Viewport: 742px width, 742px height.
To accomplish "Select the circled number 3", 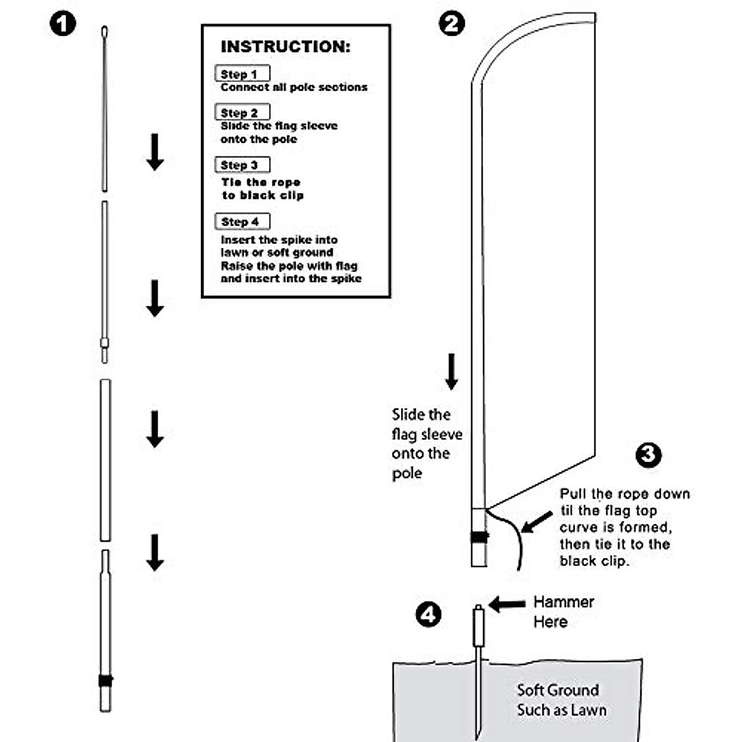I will [648, 455].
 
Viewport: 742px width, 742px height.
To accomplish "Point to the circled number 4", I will [429, 615].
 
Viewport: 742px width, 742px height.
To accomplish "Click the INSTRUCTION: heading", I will [285, 47].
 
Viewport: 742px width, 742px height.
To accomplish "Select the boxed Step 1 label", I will [242, 74].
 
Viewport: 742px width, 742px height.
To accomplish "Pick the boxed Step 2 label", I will [242, 113].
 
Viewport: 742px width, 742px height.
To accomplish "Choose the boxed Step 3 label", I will [242, 165].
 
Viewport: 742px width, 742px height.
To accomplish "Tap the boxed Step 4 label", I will [242, 221].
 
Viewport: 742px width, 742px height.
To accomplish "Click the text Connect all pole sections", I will [294, 88].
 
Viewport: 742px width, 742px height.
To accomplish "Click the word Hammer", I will [563, 602].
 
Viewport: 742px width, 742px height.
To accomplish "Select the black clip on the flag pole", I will [479, 537].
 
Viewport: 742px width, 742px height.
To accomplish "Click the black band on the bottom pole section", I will [106, 680].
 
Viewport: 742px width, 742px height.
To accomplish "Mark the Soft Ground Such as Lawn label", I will [561, 700].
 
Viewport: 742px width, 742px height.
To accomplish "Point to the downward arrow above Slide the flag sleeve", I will [452, 371].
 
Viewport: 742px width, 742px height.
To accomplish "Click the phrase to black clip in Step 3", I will [263, 195].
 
